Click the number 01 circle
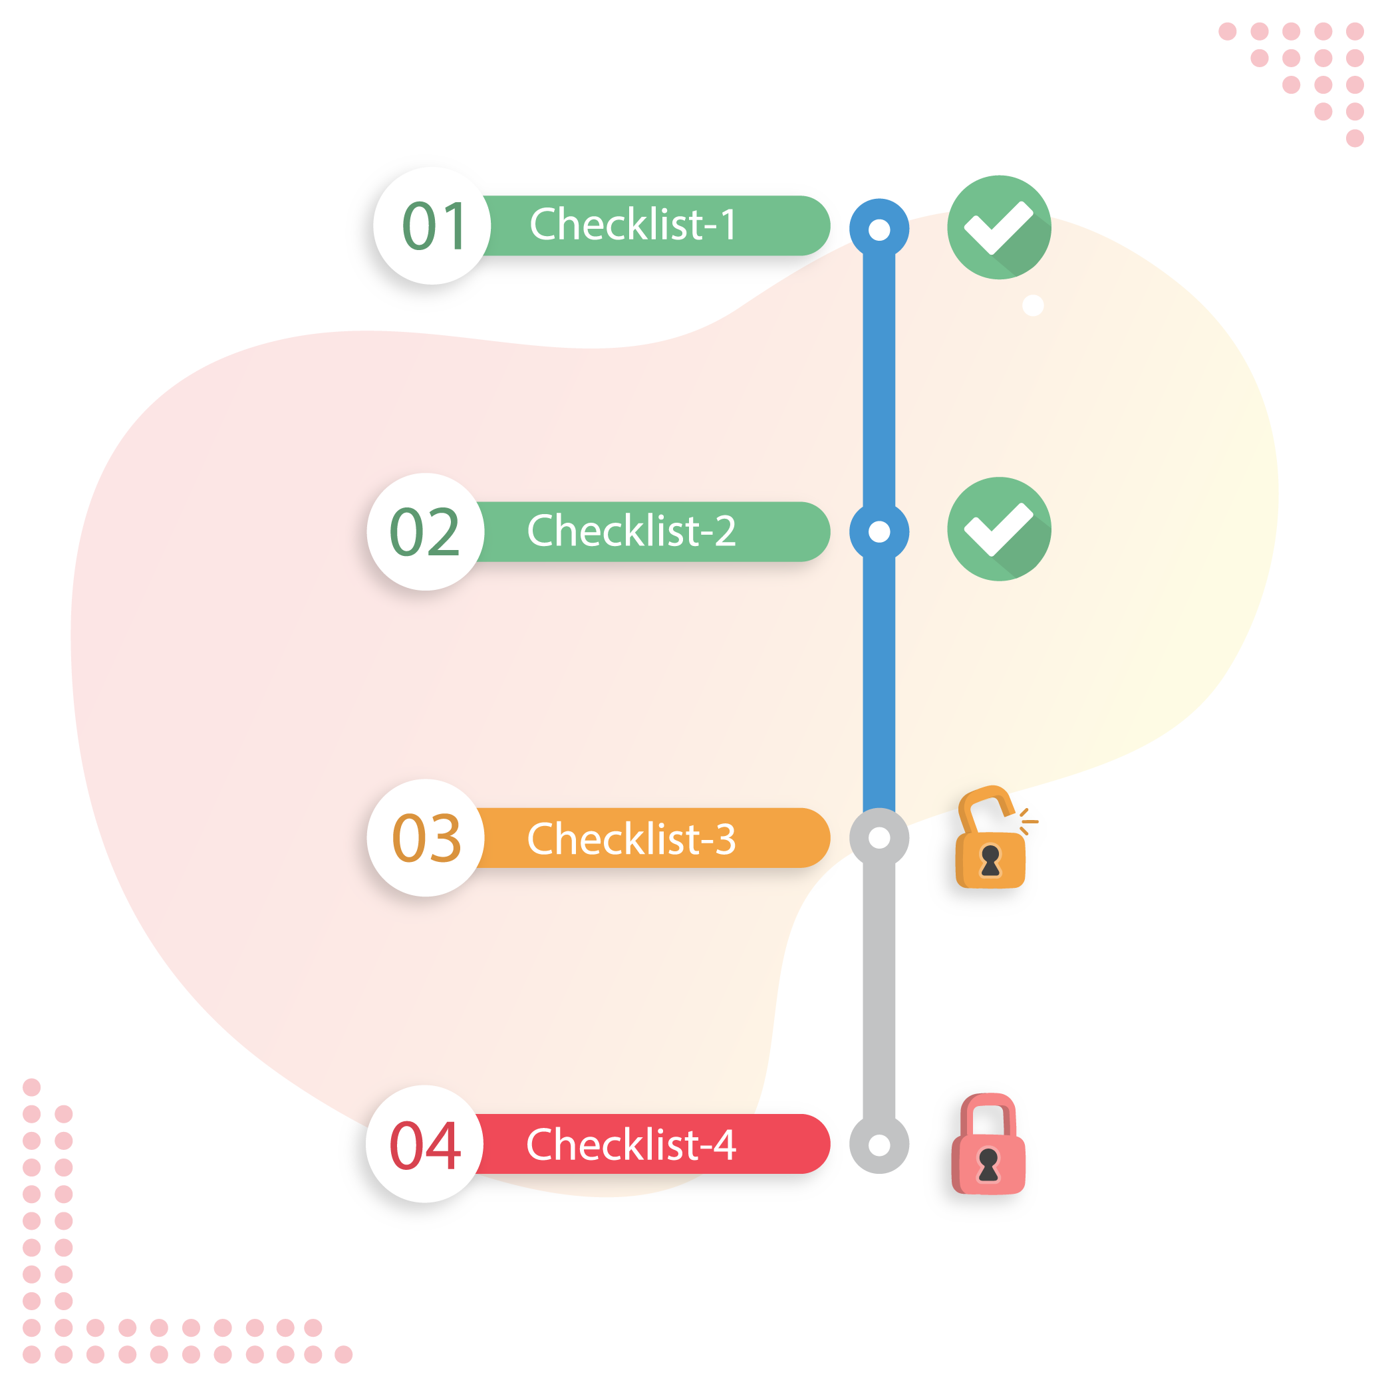click(432, 226)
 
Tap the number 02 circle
click(426, 531)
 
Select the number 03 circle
click(426, 838)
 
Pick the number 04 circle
click(425, 1144)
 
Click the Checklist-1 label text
click(632, 225)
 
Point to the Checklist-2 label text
click(631, 531)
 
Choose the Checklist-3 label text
click(631, 838)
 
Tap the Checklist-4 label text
click(631, 1144)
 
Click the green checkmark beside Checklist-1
click(999, 227)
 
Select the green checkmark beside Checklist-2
click(999, 529)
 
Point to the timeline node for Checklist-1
click(879, 229)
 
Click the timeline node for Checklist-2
click(879, 531)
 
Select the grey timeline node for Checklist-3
click(879, 837)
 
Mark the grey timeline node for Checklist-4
click(879, 1145)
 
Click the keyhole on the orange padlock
click(991, 860)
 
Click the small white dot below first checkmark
click(1033, 306)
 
